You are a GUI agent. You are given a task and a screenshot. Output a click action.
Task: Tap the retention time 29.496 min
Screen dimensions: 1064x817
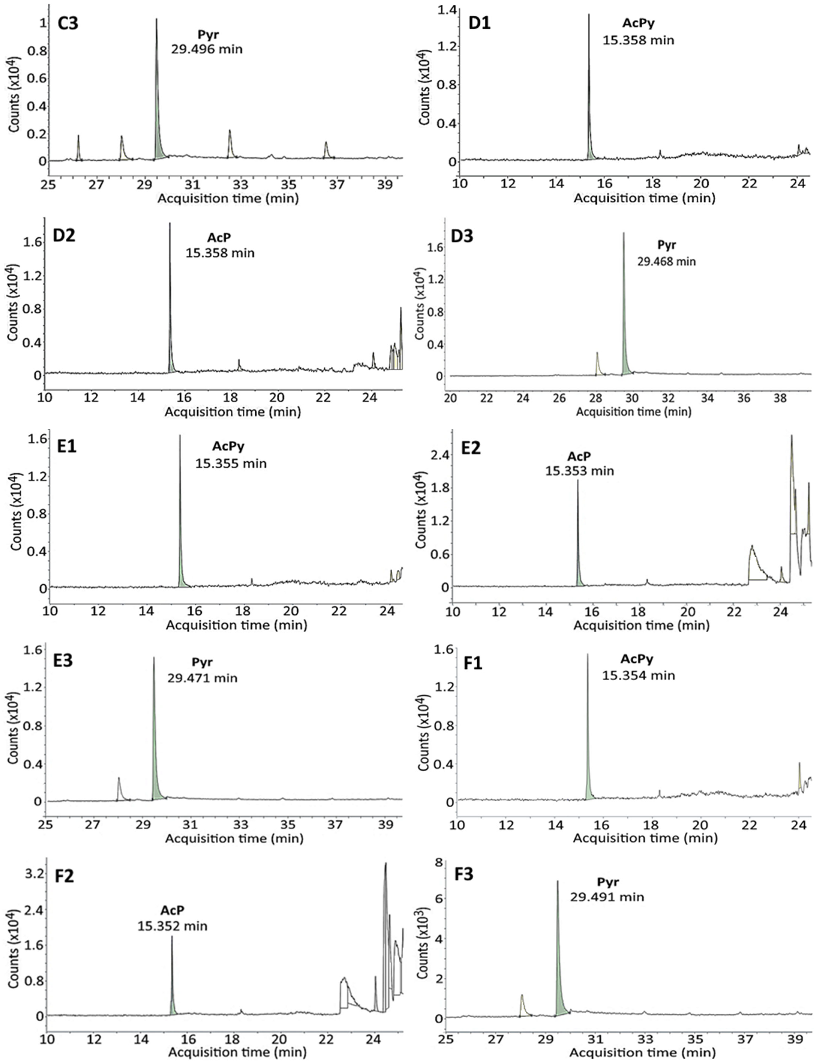[207, 49]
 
